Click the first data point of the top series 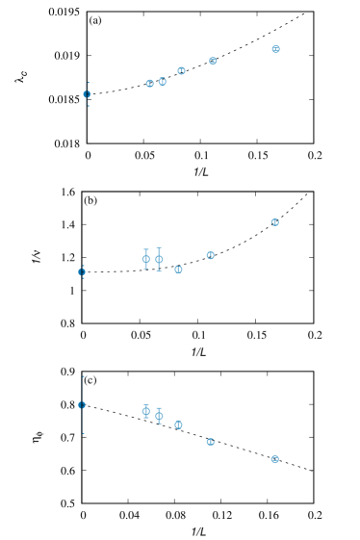pos(88,94)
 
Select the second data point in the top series pos(150,84)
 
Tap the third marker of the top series pos(163,82)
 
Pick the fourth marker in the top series pos(181,70)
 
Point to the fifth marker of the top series pos(213,61)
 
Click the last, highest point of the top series pos(275,49)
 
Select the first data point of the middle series pos(82,271)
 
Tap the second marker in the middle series pos(146,258)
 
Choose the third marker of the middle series pos(159,259)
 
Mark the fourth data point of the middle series pos(178,270)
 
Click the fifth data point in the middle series pos(210,255)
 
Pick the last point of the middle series pos(274,222)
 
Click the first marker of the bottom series pos(82,404)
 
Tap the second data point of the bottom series pos(146,411)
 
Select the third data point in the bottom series pos(159,416)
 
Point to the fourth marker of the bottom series pos(178,424)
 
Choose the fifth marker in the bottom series pos(210,442)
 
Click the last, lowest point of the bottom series pos(274,459)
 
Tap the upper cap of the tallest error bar pos(82,376)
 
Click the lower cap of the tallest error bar pos(82,433)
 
